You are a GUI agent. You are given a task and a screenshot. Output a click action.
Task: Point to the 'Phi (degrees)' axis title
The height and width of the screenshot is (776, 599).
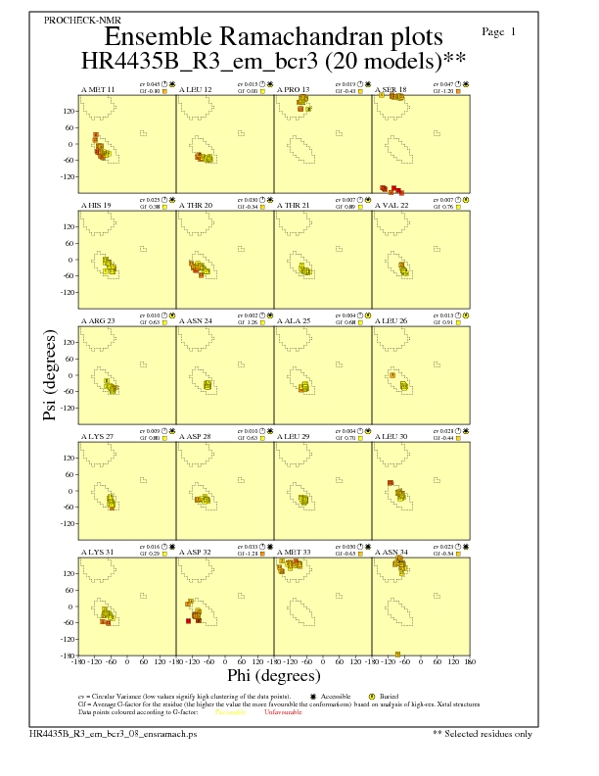[x=273, y=675]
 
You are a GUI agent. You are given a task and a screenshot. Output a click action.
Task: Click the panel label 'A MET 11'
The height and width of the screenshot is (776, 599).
[x=97, y=89]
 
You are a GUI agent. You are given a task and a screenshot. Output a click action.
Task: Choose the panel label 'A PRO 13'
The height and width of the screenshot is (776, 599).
[x=293, y=89]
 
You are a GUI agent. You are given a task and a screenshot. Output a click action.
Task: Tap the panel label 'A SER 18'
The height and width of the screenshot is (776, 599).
[x=391, y=89]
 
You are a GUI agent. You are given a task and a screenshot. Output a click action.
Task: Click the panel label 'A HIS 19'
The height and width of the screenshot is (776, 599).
[x=96, y=205]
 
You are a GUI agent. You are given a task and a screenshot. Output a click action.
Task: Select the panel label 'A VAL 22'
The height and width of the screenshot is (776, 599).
[x=392, y=205]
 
